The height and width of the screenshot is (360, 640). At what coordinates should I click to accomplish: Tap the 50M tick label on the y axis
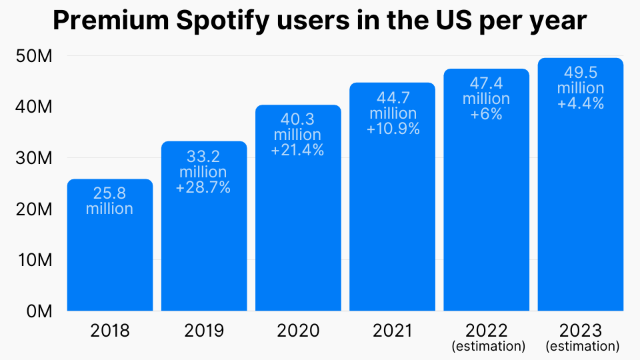33,57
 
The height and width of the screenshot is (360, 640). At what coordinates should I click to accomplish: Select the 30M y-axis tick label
33,159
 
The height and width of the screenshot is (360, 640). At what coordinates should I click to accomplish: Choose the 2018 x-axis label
110,331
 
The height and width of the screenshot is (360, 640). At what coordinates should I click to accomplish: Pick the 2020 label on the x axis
298,331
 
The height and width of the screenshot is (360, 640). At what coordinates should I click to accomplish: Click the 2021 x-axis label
392,331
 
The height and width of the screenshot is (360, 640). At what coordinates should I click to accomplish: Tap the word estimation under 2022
488,347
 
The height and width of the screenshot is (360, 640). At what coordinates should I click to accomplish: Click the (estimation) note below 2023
582,347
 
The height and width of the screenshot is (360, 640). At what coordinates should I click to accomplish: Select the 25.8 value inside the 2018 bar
110,193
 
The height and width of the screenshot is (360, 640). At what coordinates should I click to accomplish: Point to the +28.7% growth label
203,188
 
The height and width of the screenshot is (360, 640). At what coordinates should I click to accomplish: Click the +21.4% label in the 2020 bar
297,151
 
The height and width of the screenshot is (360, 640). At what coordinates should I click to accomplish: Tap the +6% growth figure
487,114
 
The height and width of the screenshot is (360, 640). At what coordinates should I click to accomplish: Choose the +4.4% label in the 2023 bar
581,103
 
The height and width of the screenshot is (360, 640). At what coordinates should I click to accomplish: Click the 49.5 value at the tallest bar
581,73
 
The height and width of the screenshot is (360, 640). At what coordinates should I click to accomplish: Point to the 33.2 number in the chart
203,157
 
